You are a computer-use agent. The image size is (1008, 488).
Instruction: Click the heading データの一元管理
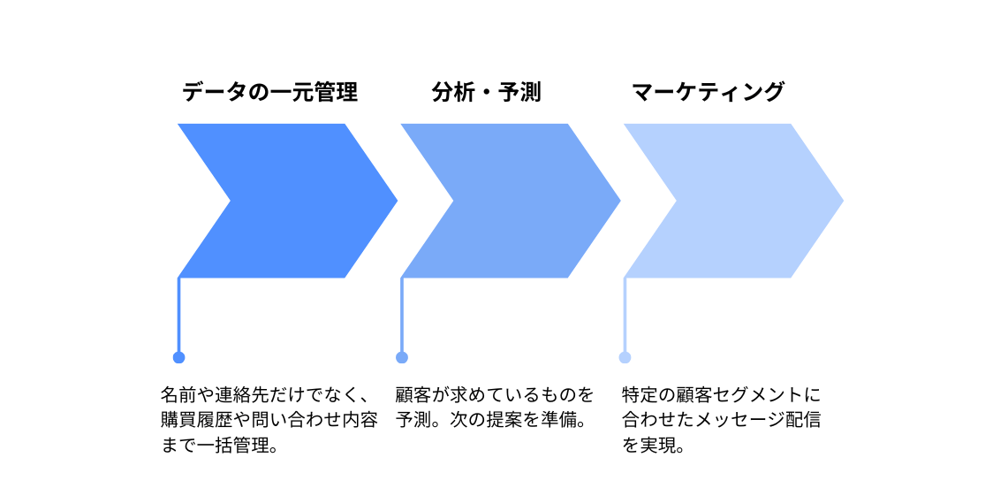pos(269,93)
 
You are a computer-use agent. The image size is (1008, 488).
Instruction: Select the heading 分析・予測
pos(487,93)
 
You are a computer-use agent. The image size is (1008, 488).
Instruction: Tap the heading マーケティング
pos(708,93)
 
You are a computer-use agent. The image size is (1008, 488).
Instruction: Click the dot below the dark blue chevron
pos(178,357)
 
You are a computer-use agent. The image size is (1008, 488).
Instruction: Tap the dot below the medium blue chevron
pos(402,357)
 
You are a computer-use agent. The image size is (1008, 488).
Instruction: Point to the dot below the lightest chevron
pos(625,357)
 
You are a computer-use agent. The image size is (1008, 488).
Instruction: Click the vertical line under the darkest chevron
pos(178,315)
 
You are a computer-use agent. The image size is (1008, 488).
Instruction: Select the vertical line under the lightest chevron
pos(625,315)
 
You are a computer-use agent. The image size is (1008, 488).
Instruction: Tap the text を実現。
pos(653,446)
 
